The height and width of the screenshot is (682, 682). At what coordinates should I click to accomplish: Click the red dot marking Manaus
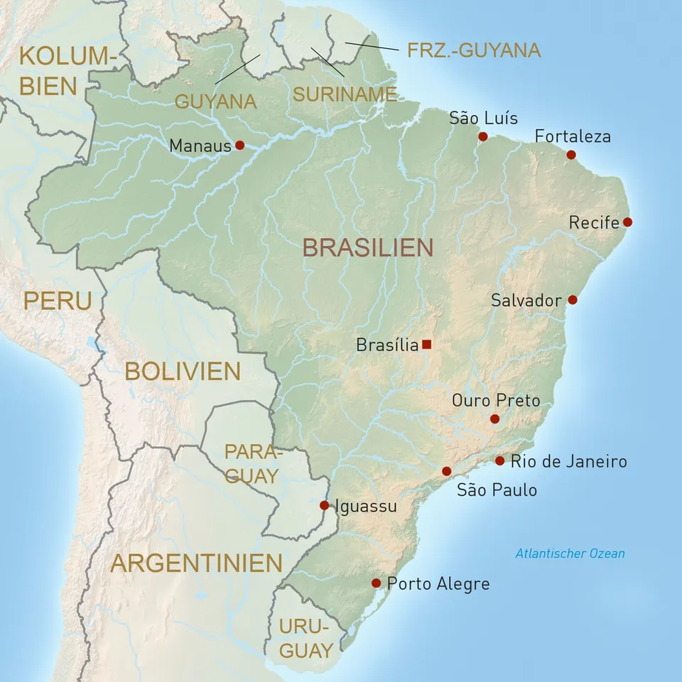(x=239, y=145)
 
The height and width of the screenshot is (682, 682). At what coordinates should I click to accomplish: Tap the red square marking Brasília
(x=426, y=345)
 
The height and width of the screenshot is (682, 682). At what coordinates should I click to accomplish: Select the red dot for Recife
(x=627, y=222)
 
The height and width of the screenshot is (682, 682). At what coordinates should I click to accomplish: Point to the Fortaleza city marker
(x=571, y=155)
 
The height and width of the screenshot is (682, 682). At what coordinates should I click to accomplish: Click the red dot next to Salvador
(x=573, y=300)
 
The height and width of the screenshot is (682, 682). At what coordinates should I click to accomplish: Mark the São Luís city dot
(x=482, y=136)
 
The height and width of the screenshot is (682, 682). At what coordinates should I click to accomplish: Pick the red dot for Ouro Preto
(x=494, y=419)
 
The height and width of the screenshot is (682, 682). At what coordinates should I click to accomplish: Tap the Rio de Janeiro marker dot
(x=499, y=461)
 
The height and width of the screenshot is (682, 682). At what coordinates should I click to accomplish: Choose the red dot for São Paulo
(x=446, y=471)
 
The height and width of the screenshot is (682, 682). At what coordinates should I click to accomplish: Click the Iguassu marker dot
(x=324, y=505)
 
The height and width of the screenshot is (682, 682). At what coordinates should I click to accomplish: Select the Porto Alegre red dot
(x=376, y=583)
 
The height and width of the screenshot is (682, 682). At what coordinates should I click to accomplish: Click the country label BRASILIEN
(x=367, y=247)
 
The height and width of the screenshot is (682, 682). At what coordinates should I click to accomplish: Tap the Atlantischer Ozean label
(x=570, y=553)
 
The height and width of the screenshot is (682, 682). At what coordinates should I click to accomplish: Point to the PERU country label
(x=58, y=301)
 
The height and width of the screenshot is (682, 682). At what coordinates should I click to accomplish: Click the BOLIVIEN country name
(x=183, y=371)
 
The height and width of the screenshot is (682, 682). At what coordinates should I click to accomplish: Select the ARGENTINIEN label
(x=197, y=563)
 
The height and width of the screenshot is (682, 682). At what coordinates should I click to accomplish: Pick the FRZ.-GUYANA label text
(x=474, y=50)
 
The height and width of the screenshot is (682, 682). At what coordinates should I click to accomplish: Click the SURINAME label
(x=345, y=94)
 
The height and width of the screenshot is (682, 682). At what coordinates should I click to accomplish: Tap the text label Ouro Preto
(x=496, y=401)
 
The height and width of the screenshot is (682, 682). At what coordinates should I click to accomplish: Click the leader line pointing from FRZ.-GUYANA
(x=372, y=46)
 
